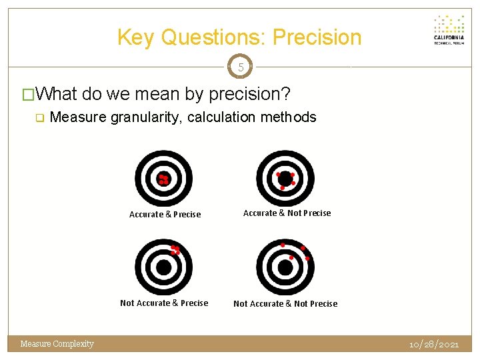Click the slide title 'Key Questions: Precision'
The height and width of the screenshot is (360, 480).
coord(239,37)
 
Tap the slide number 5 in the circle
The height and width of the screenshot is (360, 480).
coord(240,67)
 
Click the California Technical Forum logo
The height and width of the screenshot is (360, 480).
coord(449,29)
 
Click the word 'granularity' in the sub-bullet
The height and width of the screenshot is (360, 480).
coord(145,117)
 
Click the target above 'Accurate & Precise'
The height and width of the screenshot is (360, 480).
coord(163,178)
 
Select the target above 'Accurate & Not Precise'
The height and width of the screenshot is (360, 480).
coord(285,178)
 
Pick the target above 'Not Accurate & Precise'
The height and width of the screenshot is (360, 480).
coord(163,267)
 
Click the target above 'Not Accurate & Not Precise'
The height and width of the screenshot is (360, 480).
coord(285,267)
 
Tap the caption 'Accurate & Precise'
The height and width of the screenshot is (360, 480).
coord(165,215)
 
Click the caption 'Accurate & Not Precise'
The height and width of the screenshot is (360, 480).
coord(287,213)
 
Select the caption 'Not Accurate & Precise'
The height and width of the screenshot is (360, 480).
coord(164,303)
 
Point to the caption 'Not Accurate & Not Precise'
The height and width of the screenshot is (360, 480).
coord(285,303)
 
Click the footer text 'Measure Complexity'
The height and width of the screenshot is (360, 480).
coord(57,344)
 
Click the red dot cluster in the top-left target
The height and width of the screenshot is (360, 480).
coord(163,179)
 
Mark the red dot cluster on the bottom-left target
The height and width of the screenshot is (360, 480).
coord(175,250)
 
